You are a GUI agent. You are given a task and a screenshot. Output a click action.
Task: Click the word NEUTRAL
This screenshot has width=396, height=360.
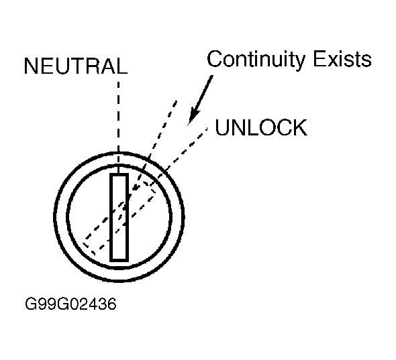coord(76,66)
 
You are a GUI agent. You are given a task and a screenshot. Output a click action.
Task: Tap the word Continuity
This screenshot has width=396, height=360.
coord(256,60)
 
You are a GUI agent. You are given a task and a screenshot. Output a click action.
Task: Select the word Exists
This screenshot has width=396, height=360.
coord(342,59)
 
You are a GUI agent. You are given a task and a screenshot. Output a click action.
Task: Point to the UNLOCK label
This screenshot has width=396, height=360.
coord(261,127)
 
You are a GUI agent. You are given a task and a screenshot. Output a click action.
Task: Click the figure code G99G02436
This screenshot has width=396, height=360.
coord(70,304)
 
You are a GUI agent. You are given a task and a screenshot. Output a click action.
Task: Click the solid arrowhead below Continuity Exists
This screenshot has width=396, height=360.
coord(194,116)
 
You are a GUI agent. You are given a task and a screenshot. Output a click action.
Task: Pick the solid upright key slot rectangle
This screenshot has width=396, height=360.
coord(119,217)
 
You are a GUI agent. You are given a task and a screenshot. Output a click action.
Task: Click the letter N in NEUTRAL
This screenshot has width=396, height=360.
coord(31,66)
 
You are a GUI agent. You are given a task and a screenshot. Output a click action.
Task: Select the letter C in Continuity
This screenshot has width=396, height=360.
coord(214,59)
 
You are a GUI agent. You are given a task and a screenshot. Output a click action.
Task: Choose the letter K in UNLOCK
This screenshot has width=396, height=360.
coord(300,127)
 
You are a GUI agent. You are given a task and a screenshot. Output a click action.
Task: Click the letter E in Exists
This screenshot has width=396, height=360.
coord(319,59)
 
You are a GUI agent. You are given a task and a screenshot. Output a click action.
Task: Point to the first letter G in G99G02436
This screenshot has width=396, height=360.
coord(30,304)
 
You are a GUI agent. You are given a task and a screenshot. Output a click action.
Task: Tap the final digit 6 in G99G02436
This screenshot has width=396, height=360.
coord(112,304)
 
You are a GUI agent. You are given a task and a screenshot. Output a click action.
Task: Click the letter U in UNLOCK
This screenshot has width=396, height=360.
coord(222,127)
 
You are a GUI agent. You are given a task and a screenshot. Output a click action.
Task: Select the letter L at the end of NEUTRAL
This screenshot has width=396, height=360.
coord(122,66)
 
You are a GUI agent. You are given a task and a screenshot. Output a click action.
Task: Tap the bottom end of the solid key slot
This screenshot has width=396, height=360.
coord(119,261)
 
